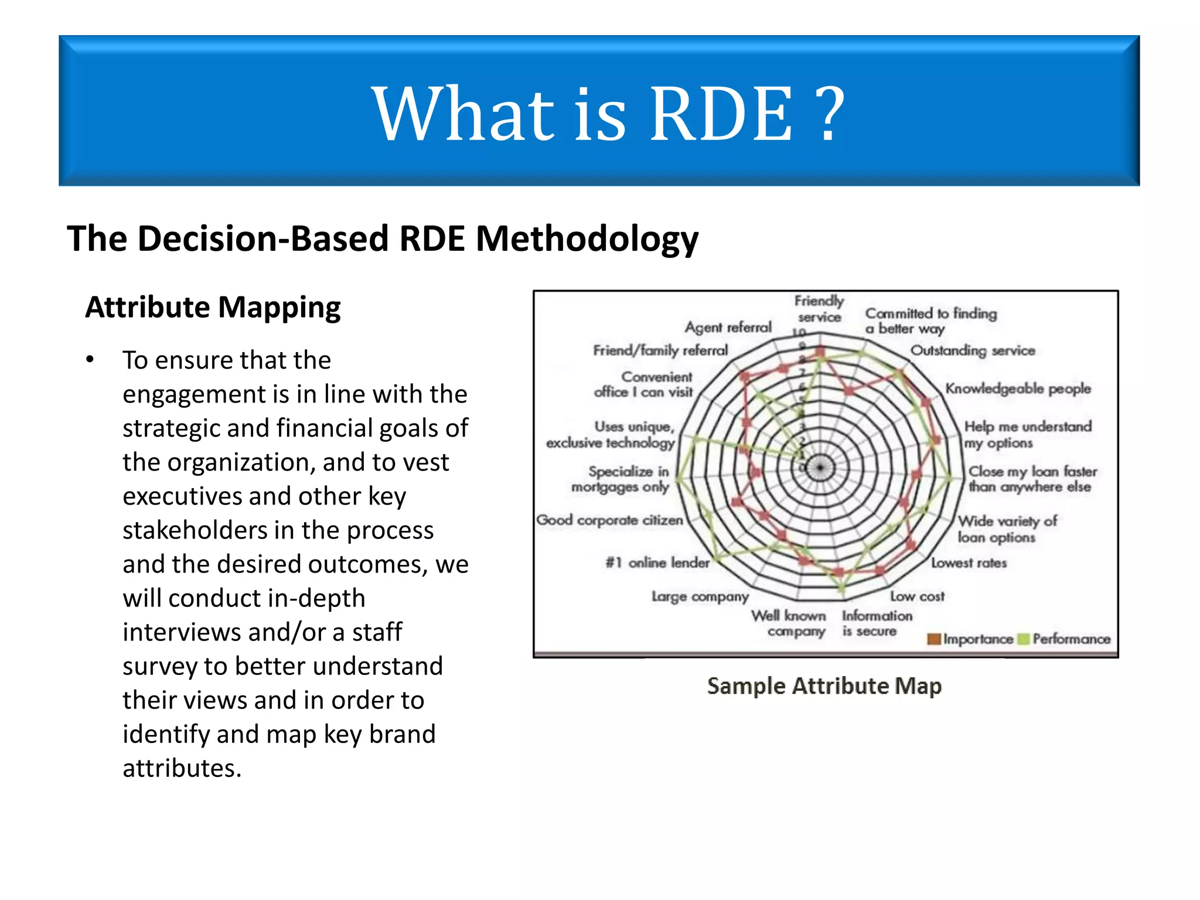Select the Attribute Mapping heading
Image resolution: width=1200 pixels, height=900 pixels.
tap(213, 308)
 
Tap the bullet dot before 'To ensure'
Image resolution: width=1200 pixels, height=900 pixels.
tap(90, 360)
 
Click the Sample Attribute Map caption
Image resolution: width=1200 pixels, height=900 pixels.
tap(824, 686)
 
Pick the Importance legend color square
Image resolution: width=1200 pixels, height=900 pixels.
tap(934, 639)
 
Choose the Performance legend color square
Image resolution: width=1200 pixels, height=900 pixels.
tap(1024, 639)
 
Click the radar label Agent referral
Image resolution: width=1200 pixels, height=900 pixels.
tap(728, 328)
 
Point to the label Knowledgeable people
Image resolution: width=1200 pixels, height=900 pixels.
tap(1018, 388)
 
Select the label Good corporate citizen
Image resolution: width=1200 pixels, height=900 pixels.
tap(609, 520)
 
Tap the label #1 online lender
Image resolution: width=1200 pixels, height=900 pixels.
tap(657, 563)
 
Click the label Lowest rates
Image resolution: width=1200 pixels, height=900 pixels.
tap(969, 563)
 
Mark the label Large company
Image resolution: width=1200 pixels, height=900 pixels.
tap(700, 596)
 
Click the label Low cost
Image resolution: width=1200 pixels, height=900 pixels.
tap(917, 596)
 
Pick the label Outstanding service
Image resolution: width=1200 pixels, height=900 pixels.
tap(972, 350)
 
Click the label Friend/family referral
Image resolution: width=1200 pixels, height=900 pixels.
tap(660, 350)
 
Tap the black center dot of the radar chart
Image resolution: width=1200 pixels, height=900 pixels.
tap(820, 468)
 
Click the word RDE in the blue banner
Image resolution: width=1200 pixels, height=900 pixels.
tap(721, 114)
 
